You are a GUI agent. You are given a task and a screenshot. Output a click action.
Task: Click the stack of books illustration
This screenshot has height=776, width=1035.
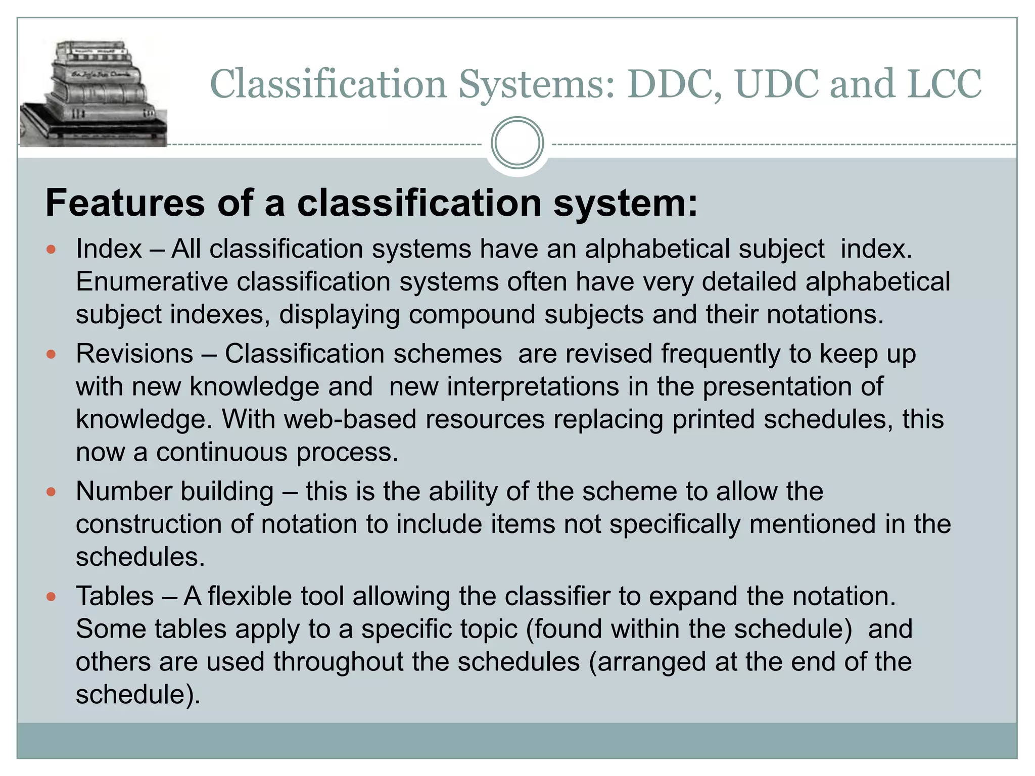(x=93, y=93)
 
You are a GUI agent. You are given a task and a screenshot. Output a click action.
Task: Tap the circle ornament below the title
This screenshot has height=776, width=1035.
(x=517, y=143)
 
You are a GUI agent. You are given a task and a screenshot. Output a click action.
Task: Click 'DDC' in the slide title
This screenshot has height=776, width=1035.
(x=674, y=84)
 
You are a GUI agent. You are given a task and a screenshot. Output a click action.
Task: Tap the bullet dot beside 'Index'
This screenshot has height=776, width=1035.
(x=51, y=250)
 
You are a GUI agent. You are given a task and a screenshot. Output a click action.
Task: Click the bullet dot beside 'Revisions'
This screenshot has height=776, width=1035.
(x=51, y=354)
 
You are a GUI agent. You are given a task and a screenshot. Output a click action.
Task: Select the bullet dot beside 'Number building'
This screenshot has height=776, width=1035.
(x=51, y=492)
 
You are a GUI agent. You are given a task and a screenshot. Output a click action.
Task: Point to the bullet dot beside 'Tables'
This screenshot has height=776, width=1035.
(x=51, y=597)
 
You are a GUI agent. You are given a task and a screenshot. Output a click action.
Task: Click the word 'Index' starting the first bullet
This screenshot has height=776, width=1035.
(x=109, y=249)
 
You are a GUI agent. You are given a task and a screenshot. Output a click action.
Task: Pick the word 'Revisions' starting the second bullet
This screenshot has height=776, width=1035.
(x=134, y=354)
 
